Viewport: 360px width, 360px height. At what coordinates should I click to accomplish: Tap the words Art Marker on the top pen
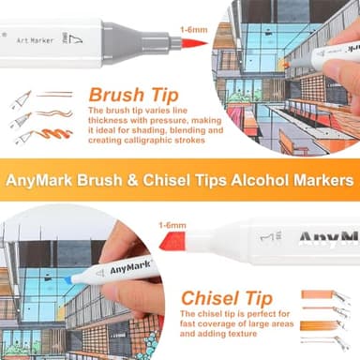click(35, 40)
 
